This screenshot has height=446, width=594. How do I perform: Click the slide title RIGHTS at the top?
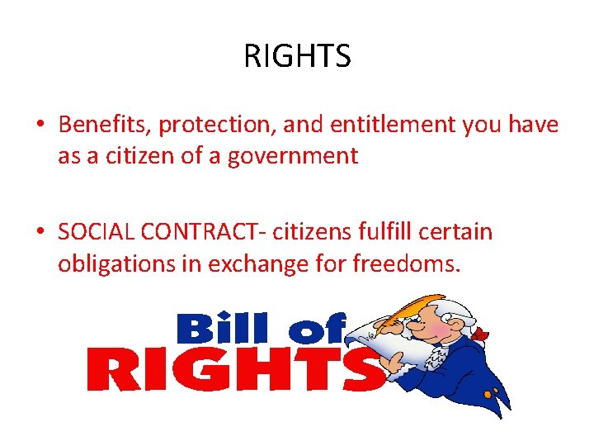click(297, 56)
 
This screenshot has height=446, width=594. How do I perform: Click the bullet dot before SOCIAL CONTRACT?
click(40, 233)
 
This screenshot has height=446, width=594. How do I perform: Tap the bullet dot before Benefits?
click(40, 126)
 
